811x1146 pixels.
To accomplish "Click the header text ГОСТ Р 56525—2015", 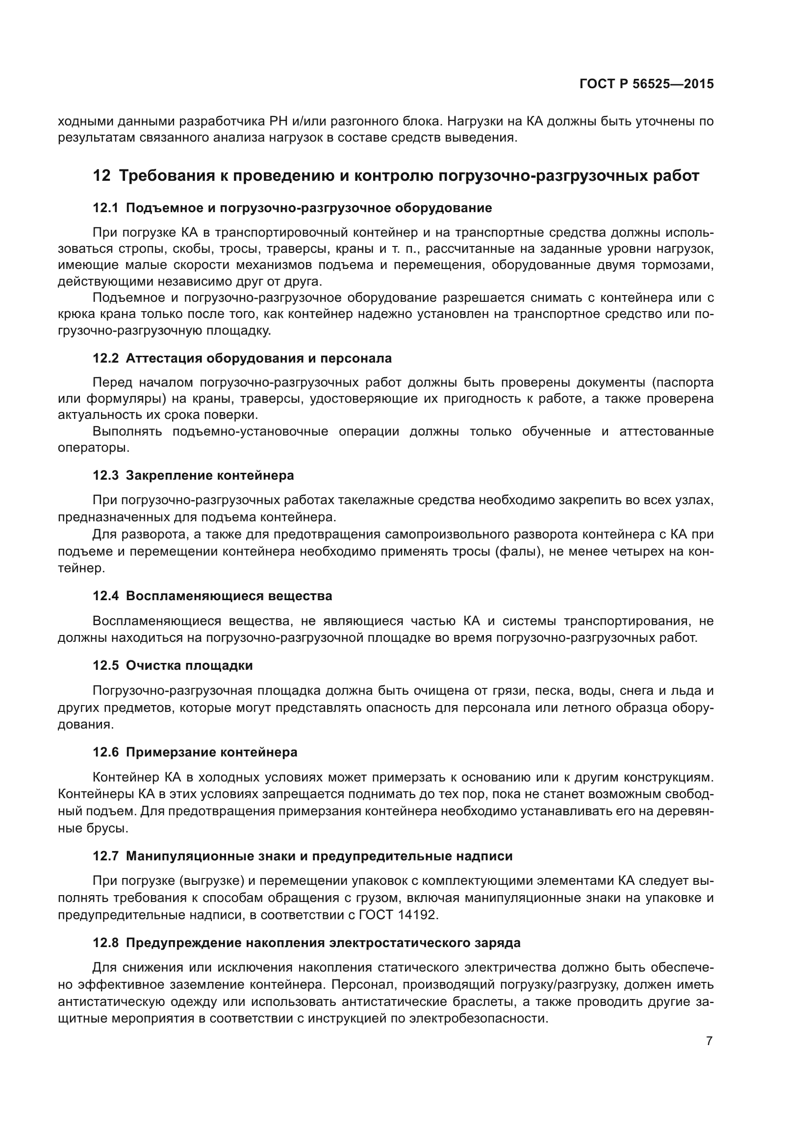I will pyautogui.click(x=646, y=84).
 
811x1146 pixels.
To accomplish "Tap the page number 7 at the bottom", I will pyautogui.click(x=709, y=1041).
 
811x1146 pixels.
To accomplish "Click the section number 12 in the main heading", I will pyautogui.click(x=101, y=176).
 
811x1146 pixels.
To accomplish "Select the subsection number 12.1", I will pyautogui.click(x=105, y=208).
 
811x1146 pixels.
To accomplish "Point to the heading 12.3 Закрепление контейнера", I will pyautogui.click(x=193, y=475).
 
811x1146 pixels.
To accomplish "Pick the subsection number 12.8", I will pyautogui.click(x=105, y=943).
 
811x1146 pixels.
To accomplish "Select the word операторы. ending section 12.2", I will pyautogui.click(x=93, y=448).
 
